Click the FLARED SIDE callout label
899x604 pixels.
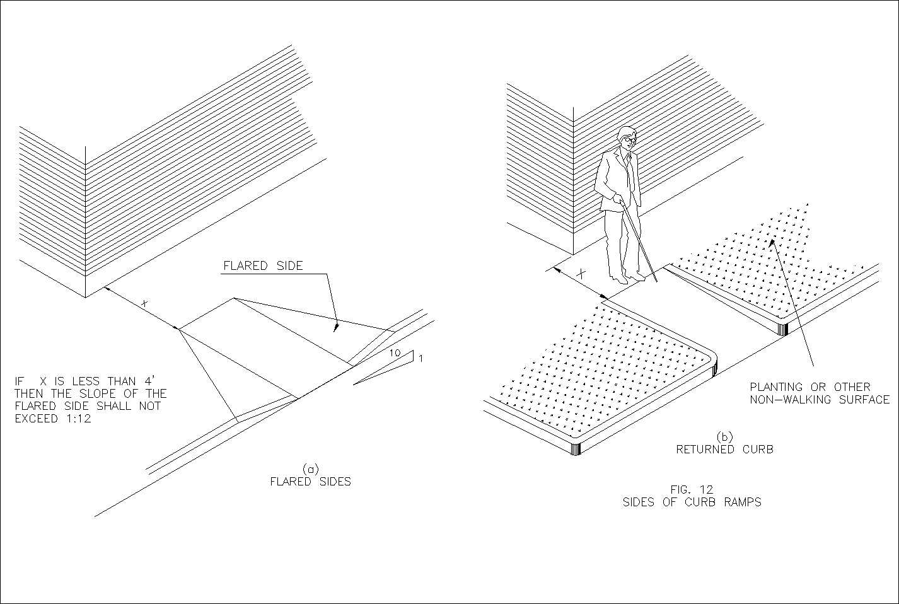click(263, 266)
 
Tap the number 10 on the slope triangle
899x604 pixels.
click(394, 354)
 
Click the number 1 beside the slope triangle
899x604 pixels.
click(420, 359)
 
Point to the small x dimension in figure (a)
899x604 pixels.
click(144, 304)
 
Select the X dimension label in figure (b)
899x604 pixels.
click(582, 275)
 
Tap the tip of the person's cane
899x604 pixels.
click(656, 281)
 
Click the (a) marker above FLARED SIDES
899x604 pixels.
click(310, 469)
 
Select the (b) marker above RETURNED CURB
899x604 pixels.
click(724, 437)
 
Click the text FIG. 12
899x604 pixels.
click(692, 489)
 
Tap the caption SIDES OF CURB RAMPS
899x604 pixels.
click(692, 502)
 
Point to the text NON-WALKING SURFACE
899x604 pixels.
click(819, 400)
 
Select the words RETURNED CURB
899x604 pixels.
click(724, 450)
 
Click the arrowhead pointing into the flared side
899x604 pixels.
click(337, 327)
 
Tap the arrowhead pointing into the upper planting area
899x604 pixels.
click(774, 243)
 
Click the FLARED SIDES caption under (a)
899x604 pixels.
click(310, 482)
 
